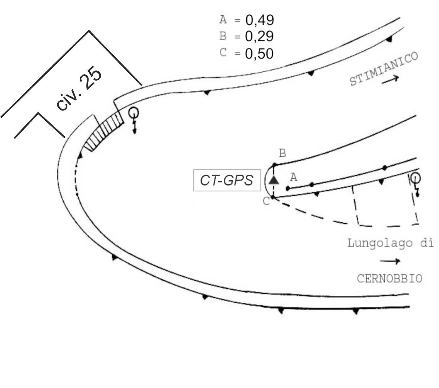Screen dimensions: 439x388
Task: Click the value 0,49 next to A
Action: [x=259, y=20]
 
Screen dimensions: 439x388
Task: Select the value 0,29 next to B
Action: [x=259, y=36]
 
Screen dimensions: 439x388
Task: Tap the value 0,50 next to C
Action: [x=259, y=53]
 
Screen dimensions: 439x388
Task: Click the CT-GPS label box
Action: [x=227, y=180]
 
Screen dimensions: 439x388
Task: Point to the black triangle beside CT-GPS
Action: [x=274, y=180]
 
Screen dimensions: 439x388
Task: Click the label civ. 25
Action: [x=79, y=88]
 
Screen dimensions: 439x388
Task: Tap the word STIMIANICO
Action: [x=384, y=69]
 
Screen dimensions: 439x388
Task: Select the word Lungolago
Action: [x=380, y=243]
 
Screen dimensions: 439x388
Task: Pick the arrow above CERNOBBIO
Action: [x=390, y=261]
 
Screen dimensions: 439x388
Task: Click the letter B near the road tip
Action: [x=282, y=153]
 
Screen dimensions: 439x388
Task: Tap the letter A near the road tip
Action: [x=293, y=177]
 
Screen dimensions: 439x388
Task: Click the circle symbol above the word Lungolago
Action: [x=415, y=178]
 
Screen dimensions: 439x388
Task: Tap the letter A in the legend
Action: [x=223, y=19]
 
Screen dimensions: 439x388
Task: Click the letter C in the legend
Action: [x=223, y=53]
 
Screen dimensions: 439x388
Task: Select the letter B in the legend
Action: [x=223, y=36]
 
